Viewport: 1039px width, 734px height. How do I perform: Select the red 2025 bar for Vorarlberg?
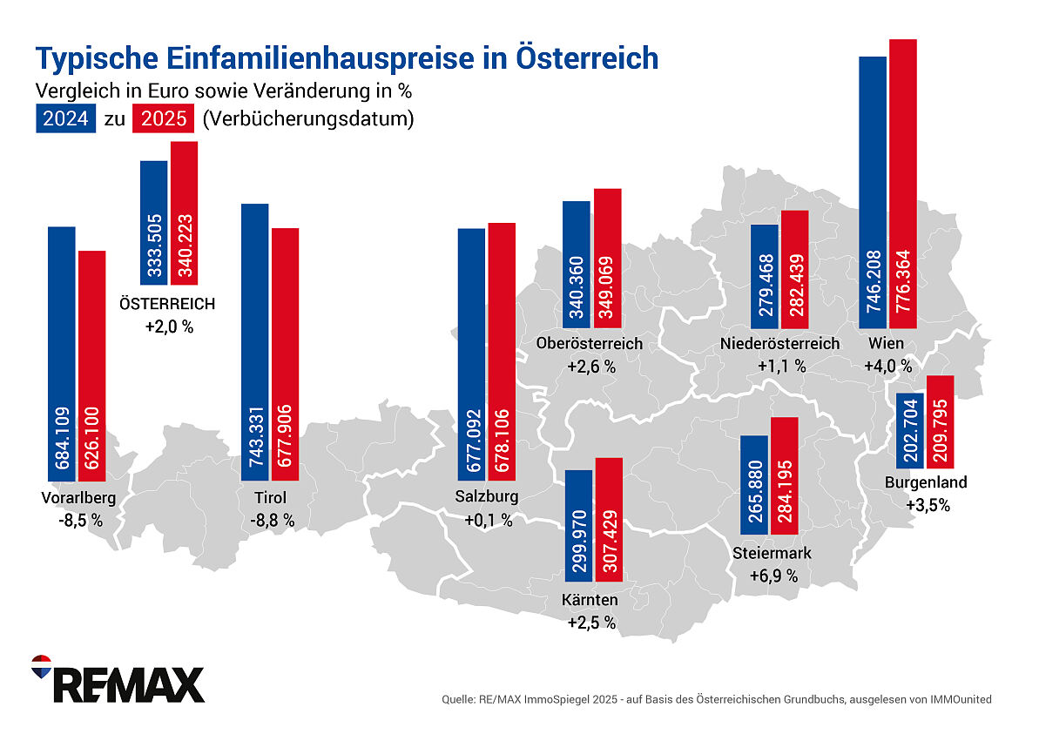point(91,366)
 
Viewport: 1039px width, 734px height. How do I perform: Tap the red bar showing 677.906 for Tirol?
point(285,353)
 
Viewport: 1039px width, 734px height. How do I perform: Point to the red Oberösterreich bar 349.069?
point(607,261)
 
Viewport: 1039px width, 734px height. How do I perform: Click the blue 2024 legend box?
point(65,118)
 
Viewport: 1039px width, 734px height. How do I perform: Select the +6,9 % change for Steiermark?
point(773,576)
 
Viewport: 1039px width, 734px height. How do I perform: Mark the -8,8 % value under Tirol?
point(270,520)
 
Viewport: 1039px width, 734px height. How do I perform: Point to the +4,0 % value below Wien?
point(887,366)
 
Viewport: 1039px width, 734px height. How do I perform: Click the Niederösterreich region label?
point(780,343)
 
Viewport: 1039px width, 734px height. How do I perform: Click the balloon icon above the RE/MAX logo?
point(41,666)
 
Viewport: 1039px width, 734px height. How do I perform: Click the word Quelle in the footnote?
point(458,699)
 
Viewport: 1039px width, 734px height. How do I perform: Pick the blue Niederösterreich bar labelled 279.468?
point(764,274)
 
